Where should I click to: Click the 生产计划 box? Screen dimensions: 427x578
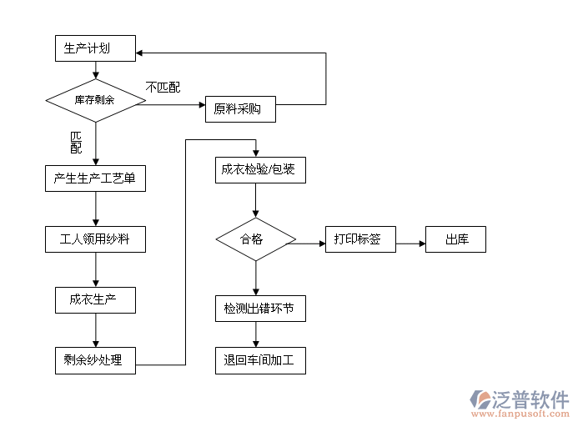pos(94,49)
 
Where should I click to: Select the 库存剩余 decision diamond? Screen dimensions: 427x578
pos(95,100)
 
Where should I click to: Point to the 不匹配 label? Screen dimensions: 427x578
pos(163,87)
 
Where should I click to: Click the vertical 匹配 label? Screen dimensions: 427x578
pos(76,142)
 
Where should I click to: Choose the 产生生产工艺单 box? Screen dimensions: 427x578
pos(94,178)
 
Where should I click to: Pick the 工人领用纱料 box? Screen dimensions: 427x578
pos(95,240)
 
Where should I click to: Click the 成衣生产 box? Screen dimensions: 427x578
pos(95,299)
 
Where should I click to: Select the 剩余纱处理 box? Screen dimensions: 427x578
pos(94,360)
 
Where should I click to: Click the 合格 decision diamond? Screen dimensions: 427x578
pos(255,239)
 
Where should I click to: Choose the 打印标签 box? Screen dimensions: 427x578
pos(360,239)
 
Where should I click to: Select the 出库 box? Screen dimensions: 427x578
pos(455,239)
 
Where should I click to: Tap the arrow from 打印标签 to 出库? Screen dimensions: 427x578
pos(410,244)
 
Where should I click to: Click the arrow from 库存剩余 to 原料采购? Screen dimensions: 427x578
pos(171,105)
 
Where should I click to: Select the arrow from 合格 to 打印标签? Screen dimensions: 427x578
pos(309,244)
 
